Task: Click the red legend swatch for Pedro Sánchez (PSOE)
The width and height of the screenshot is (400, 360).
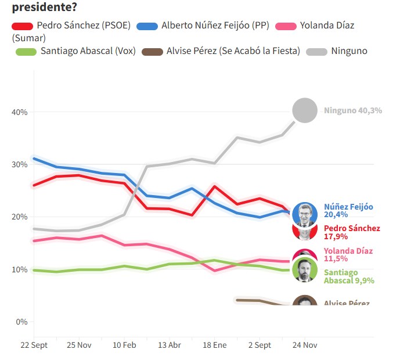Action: click(22, 26)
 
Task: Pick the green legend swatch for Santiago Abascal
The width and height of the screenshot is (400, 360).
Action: click(27, 52)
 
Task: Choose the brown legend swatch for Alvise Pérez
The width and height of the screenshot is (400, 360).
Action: click(152, 52)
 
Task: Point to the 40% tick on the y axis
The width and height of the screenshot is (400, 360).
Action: click(20, 112)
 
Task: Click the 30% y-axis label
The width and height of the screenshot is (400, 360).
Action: click(20, 165)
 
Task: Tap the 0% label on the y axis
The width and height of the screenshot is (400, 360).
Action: click(21, 322)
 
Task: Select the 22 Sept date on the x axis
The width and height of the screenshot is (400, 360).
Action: click(34, 345)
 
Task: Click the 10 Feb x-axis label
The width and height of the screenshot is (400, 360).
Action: click(124, 345)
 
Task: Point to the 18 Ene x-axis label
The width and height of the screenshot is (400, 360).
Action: click(215, 345)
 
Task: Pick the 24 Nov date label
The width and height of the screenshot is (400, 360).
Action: click(305, 345)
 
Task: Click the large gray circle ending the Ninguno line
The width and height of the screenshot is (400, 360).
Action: click(305, 110)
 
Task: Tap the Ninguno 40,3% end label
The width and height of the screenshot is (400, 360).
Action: click(353, 110)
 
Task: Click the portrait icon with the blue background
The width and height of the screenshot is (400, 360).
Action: click(305, 214)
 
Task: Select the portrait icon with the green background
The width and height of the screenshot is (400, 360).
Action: click(305, 271)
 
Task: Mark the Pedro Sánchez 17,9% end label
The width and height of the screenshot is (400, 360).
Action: click(352, 232)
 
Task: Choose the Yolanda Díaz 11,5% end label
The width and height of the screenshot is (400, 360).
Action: click(348, 255)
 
